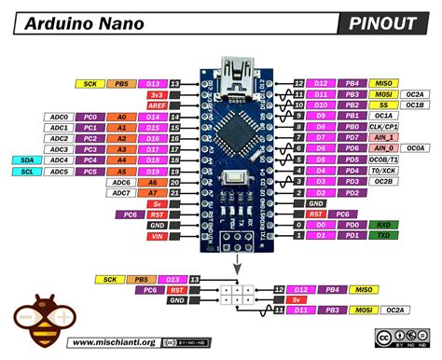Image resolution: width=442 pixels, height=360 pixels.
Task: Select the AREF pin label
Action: (x=155, y=106)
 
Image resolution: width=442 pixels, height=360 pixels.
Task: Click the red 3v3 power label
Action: (x=155, y=95)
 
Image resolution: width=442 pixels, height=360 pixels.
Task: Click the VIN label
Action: (x=155, y=237)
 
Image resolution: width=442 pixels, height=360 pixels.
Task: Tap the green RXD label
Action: (x=383, y=225)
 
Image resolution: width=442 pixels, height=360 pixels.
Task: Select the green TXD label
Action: (x=383, y=237)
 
